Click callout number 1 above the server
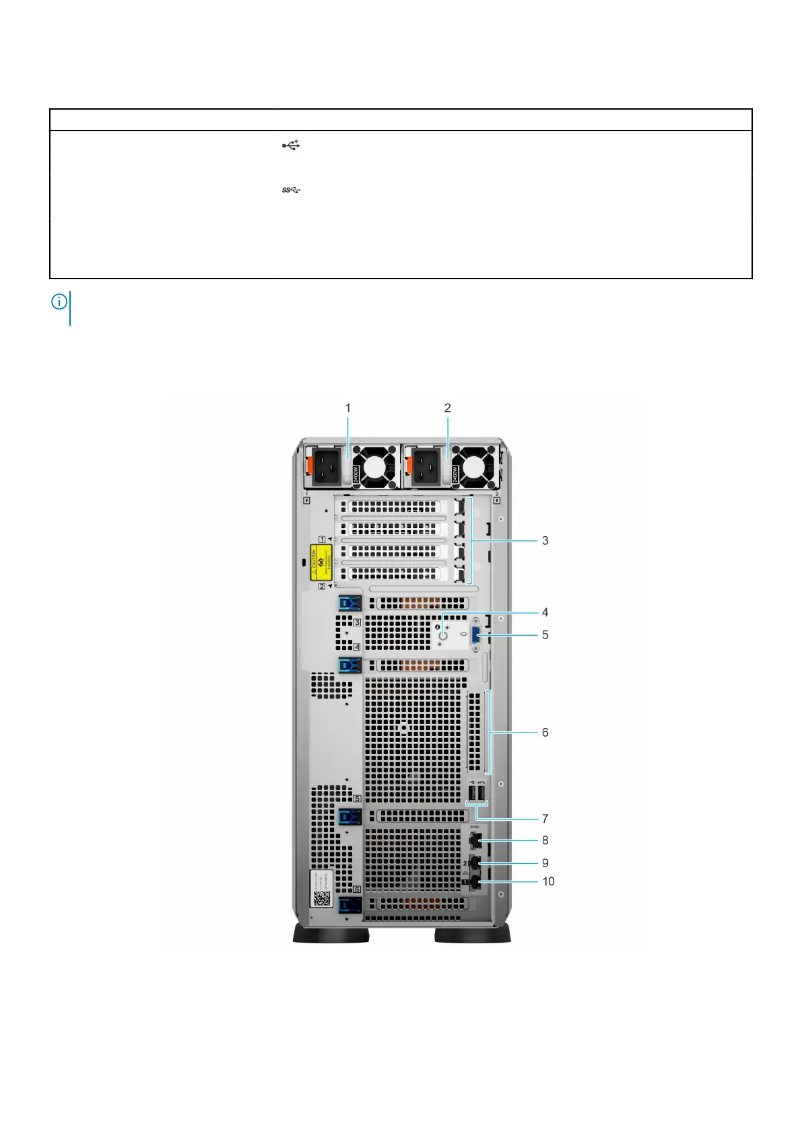[348, 408]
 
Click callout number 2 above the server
[448, 408]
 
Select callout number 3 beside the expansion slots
[545, 540]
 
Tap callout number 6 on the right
[545, 732]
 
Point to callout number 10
[548, 881]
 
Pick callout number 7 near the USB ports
[545, 819]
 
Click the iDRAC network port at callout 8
[475, 840]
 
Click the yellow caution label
[322, 562]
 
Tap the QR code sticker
[322, 898]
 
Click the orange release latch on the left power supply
[310, 465]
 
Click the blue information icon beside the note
[59, 302]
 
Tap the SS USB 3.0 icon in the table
[291, 190]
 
